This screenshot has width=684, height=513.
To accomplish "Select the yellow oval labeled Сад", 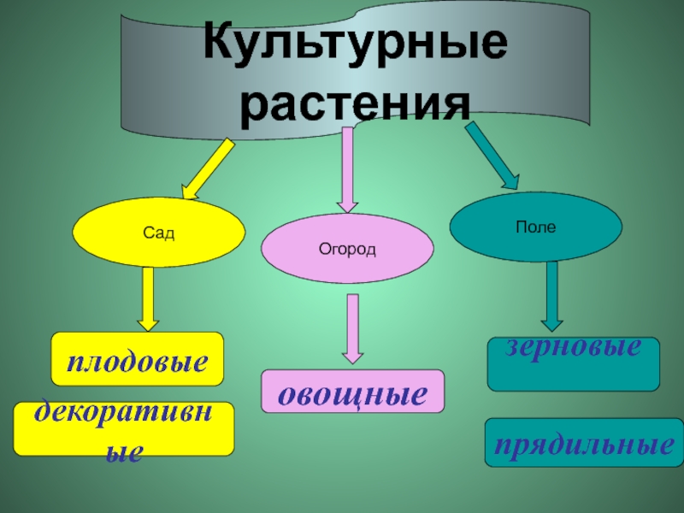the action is click(159, 233).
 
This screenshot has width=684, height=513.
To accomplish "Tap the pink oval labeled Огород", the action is click(347, 248).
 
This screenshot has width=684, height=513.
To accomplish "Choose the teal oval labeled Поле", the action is click(536, 227).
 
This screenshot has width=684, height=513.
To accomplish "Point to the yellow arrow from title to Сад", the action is click(207, 167).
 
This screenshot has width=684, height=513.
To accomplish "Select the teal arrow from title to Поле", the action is click(492, 155).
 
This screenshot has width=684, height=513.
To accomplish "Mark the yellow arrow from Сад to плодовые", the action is click(149, 298).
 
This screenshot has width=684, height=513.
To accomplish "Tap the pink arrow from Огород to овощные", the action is click(352, 328).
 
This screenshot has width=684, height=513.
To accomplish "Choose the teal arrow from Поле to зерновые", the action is click(552, 295).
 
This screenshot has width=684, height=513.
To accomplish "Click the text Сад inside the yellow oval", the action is click(159, 233).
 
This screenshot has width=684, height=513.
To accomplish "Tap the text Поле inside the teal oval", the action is click(536, 227).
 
